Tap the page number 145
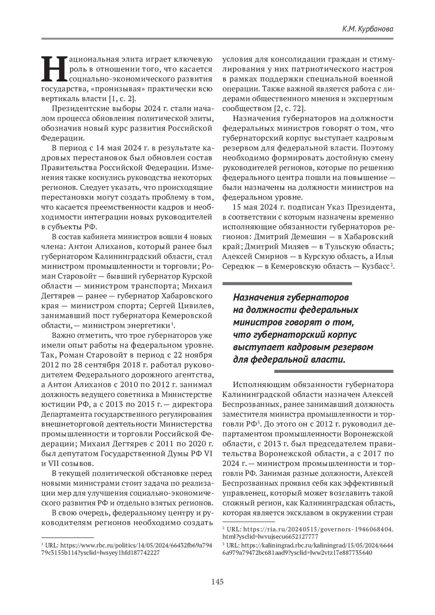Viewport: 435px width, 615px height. pos(217,582)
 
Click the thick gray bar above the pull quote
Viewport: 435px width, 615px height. pos(287,283)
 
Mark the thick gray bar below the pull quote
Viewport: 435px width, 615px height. pos(333,371)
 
